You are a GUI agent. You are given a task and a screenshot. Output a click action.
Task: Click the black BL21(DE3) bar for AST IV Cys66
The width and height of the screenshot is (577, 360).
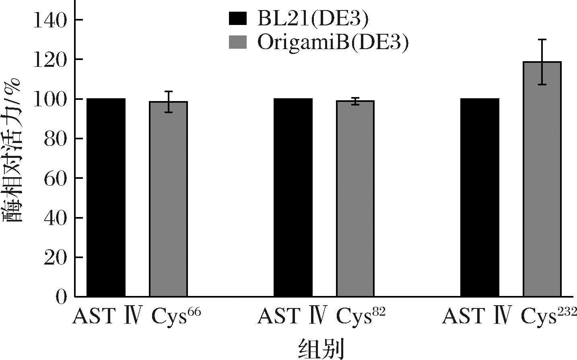pos(106,197)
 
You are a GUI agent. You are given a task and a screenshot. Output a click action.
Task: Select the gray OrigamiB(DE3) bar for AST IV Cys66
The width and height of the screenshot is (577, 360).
pos(168,199)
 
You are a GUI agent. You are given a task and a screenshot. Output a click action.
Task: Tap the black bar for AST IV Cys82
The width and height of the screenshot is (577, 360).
pos(293,197)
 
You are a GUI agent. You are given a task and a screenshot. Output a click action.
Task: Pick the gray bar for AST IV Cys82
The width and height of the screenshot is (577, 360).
pos(355,199)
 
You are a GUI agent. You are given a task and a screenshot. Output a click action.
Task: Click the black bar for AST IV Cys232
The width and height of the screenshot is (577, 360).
pos(480,197)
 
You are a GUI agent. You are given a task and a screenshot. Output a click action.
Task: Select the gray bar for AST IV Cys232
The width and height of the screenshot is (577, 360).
pos(542,179)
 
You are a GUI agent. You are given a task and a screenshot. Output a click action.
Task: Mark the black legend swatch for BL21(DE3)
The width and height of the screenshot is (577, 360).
pos(237,19)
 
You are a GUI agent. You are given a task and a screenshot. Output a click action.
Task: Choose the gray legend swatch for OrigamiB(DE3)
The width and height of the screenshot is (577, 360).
pos(237,42)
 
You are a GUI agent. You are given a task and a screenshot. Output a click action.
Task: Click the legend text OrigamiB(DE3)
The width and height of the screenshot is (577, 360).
pos(332,42)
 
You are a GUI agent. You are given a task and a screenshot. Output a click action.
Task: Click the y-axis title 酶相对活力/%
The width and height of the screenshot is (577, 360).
pos(14,151)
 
